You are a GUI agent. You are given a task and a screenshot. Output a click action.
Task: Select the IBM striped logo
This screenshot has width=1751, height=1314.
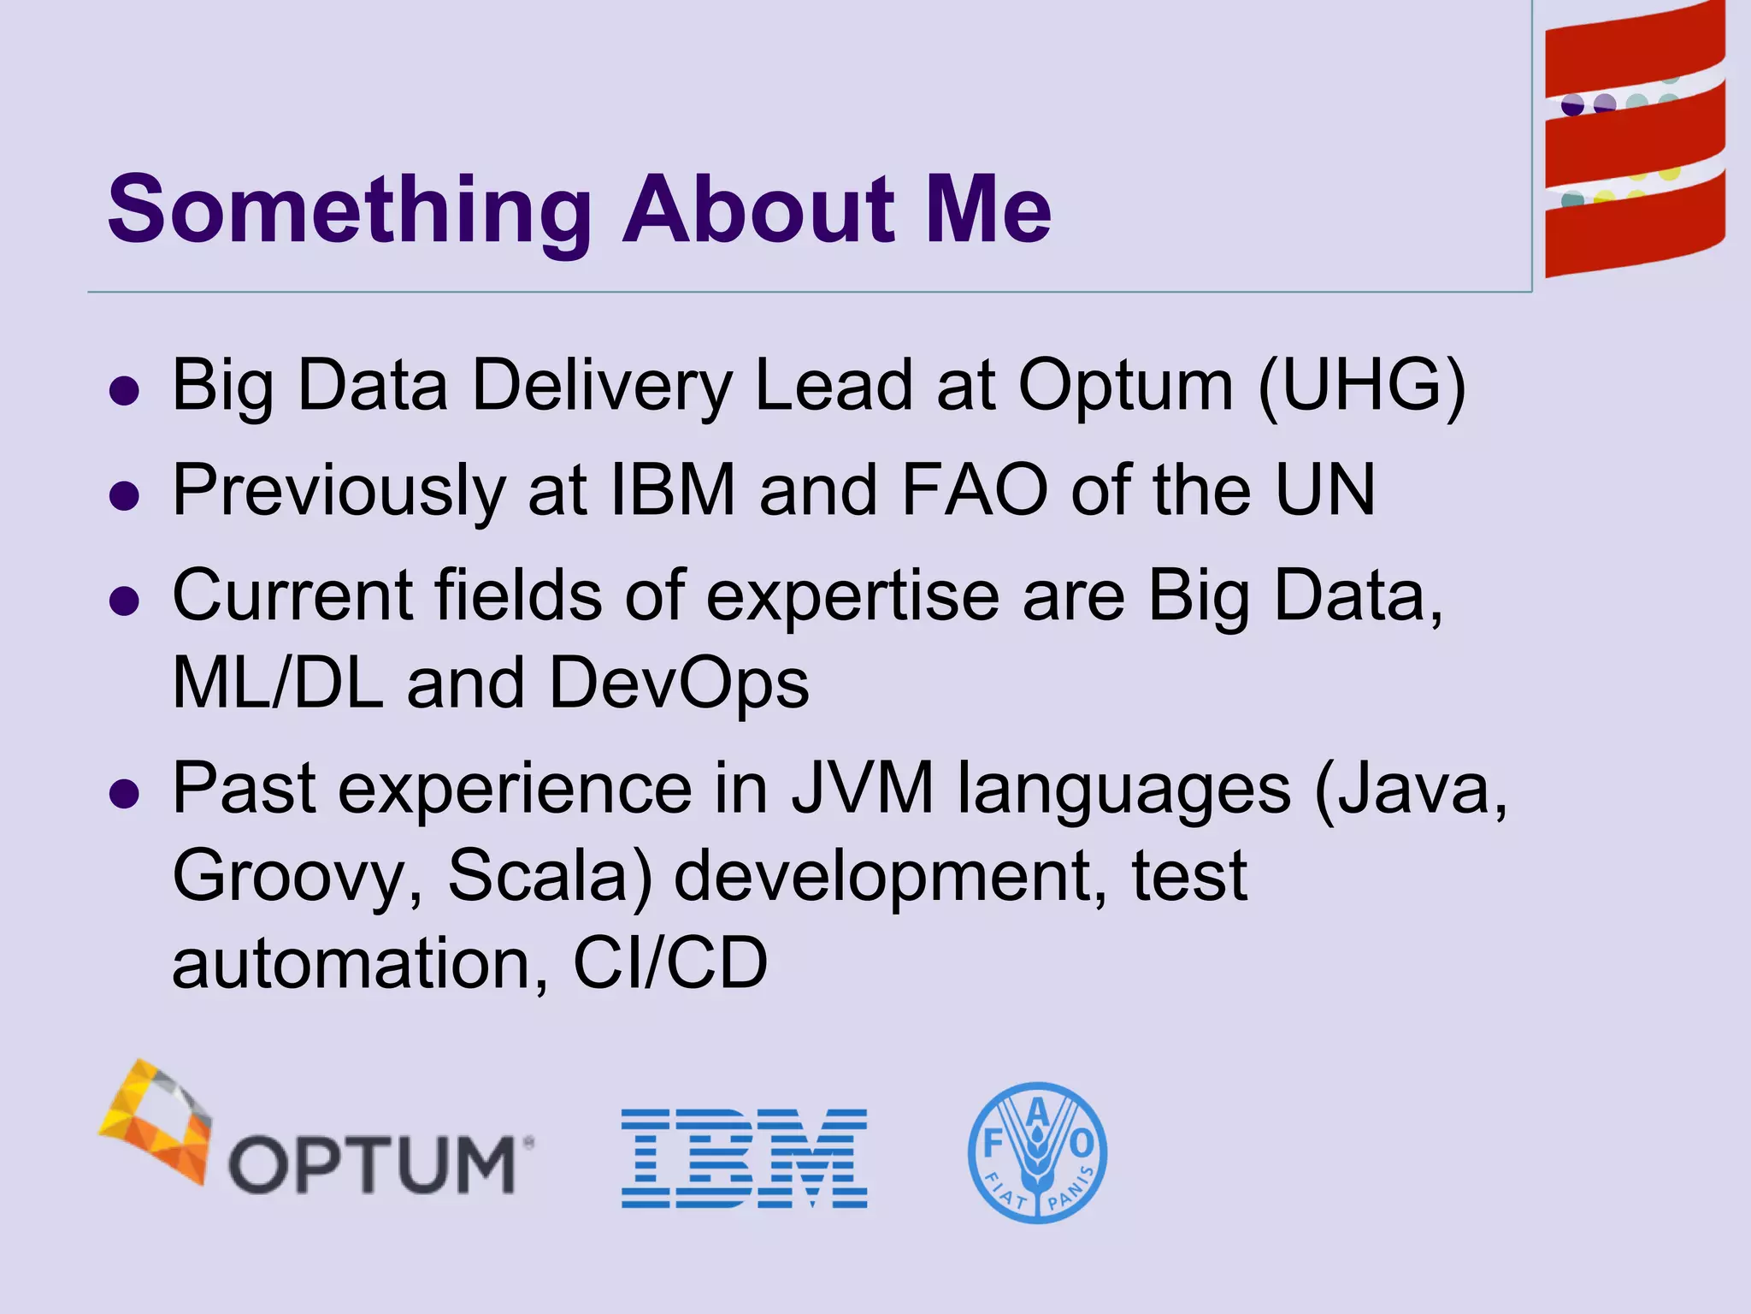pyautogui.click(x=744, y=1158)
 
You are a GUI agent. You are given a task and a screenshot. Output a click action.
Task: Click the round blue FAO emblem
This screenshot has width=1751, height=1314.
pyautogui.click(x=1037, y=1152)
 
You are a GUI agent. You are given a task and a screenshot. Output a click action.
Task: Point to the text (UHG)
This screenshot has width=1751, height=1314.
pyautogui.click(x=1362, y=385)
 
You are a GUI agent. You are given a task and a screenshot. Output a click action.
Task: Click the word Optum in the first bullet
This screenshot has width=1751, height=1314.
pyautogui.click(x=1125, y=385)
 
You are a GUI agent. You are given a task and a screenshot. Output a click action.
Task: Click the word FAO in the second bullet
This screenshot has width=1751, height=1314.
pyautogui.click(x=975, y=489)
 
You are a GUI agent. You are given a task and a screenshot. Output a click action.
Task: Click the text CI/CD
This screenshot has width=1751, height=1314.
pyautogui.click(x=670, y=963)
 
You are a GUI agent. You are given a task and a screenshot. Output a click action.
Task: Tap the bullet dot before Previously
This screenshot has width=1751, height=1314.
pyautogui.click(x=125, y=495)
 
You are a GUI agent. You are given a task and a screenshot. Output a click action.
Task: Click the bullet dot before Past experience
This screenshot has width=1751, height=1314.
pyautogui.click(x=125, y=793)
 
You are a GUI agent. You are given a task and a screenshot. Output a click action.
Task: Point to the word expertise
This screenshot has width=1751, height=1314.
pyautogui.click(x=852, y=595)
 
